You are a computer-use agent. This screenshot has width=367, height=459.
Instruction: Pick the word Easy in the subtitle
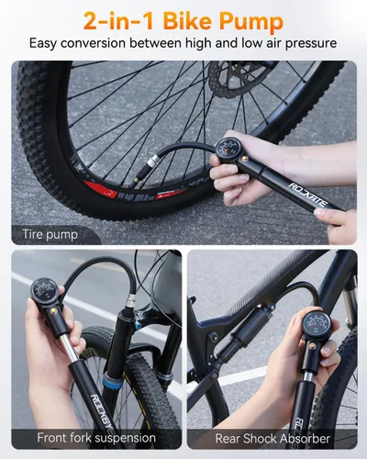click(x=48, y=43)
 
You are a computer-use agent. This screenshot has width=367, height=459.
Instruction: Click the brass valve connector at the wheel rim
click(x=166, y=168)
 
